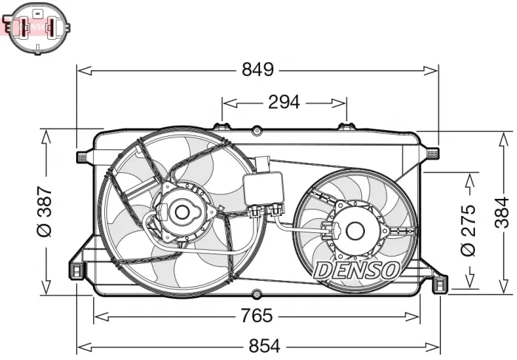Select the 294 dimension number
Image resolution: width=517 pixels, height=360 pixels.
[x=284, y=103]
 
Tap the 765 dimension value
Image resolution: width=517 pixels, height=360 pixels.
[x=257, y=316]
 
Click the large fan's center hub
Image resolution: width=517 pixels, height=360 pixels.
[x=181, y=212]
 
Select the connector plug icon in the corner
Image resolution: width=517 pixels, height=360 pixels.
[x=38, y=27]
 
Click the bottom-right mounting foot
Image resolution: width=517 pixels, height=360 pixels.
[x=439, y=283]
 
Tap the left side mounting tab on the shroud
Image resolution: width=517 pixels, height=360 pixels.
[x=83, y=156]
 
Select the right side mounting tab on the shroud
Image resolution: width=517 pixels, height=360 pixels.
[x=431, y=153]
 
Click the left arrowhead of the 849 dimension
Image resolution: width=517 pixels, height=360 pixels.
[x=81, y=71]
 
